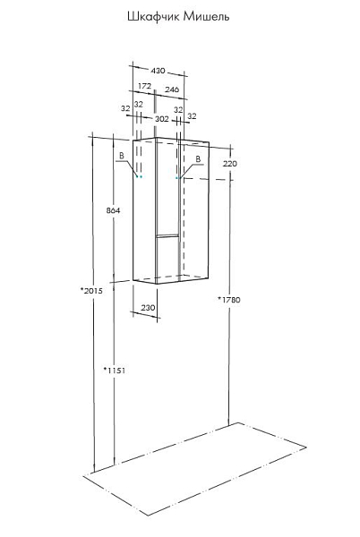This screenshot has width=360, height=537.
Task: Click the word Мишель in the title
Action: tap(206, 16)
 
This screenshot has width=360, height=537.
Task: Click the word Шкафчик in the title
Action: tap(153, 16)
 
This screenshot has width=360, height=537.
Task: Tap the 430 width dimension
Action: tap(158, 71)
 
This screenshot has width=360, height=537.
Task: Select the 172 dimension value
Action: tap(144, 86)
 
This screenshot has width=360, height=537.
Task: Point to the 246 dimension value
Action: tap(172, 89)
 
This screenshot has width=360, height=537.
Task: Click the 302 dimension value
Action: tap(162, 119)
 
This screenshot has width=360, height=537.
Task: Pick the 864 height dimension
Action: tap(113, 210)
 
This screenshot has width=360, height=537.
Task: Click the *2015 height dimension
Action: tap(91, 291)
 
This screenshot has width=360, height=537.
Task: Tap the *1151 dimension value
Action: tap(115, 371)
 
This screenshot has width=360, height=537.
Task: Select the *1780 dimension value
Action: tap(229, 300)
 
